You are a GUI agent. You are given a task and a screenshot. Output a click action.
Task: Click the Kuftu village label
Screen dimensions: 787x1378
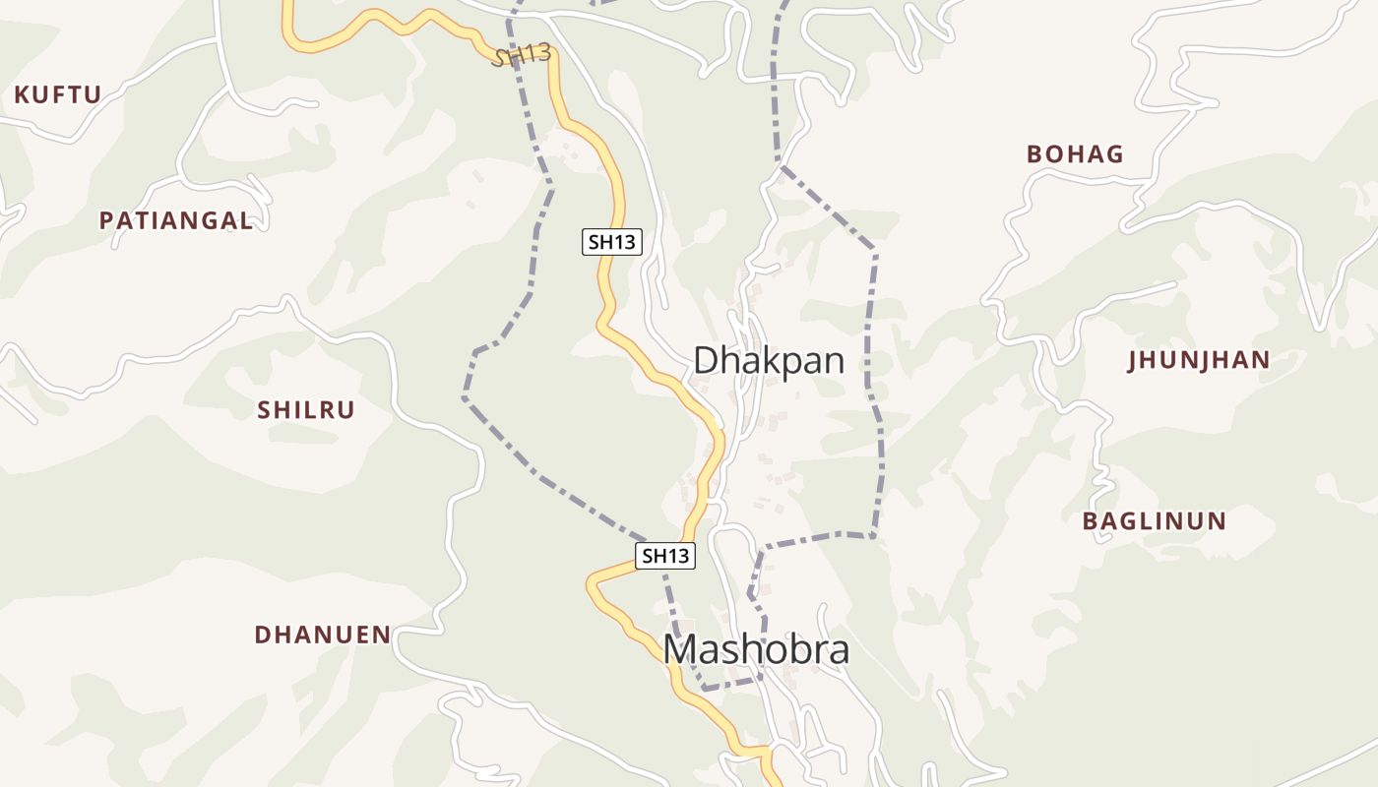tap(57, 95)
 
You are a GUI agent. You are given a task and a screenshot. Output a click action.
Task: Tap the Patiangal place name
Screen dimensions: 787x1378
tap(176, 221)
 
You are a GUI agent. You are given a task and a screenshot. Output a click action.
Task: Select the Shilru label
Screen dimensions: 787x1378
tap(306, 410)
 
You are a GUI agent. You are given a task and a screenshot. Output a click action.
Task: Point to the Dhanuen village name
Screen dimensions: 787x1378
tap(323, 635)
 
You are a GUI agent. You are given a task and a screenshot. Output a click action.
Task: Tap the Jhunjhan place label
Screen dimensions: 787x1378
tap(1199, 360)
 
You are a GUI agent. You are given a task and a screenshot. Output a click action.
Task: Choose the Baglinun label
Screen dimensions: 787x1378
tap(1155, 521)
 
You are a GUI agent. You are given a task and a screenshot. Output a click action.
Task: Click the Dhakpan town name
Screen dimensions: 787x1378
tap(769, 361)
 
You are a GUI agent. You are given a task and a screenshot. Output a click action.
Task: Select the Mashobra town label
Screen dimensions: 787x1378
tap(756, 650)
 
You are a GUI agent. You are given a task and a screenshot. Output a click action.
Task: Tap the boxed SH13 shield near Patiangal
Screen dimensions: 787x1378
tap(611, 242)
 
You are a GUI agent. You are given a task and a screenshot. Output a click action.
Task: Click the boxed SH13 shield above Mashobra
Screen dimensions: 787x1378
tap(664, 556)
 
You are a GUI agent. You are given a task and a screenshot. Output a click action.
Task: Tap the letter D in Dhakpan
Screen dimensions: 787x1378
tap(705, 361)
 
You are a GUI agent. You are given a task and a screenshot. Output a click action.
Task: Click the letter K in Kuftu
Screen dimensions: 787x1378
tap(22, 95)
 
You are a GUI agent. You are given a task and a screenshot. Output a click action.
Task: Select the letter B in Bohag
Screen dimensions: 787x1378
tap(1034, 154)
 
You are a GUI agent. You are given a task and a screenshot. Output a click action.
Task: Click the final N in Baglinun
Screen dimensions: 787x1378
tap(1218, 521)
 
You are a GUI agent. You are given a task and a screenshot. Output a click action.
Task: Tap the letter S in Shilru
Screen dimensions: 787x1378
tap(264, 410)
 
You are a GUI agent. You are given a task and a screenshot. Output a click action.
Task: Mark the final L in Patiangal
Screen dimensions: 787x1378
tap(246, 221)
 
